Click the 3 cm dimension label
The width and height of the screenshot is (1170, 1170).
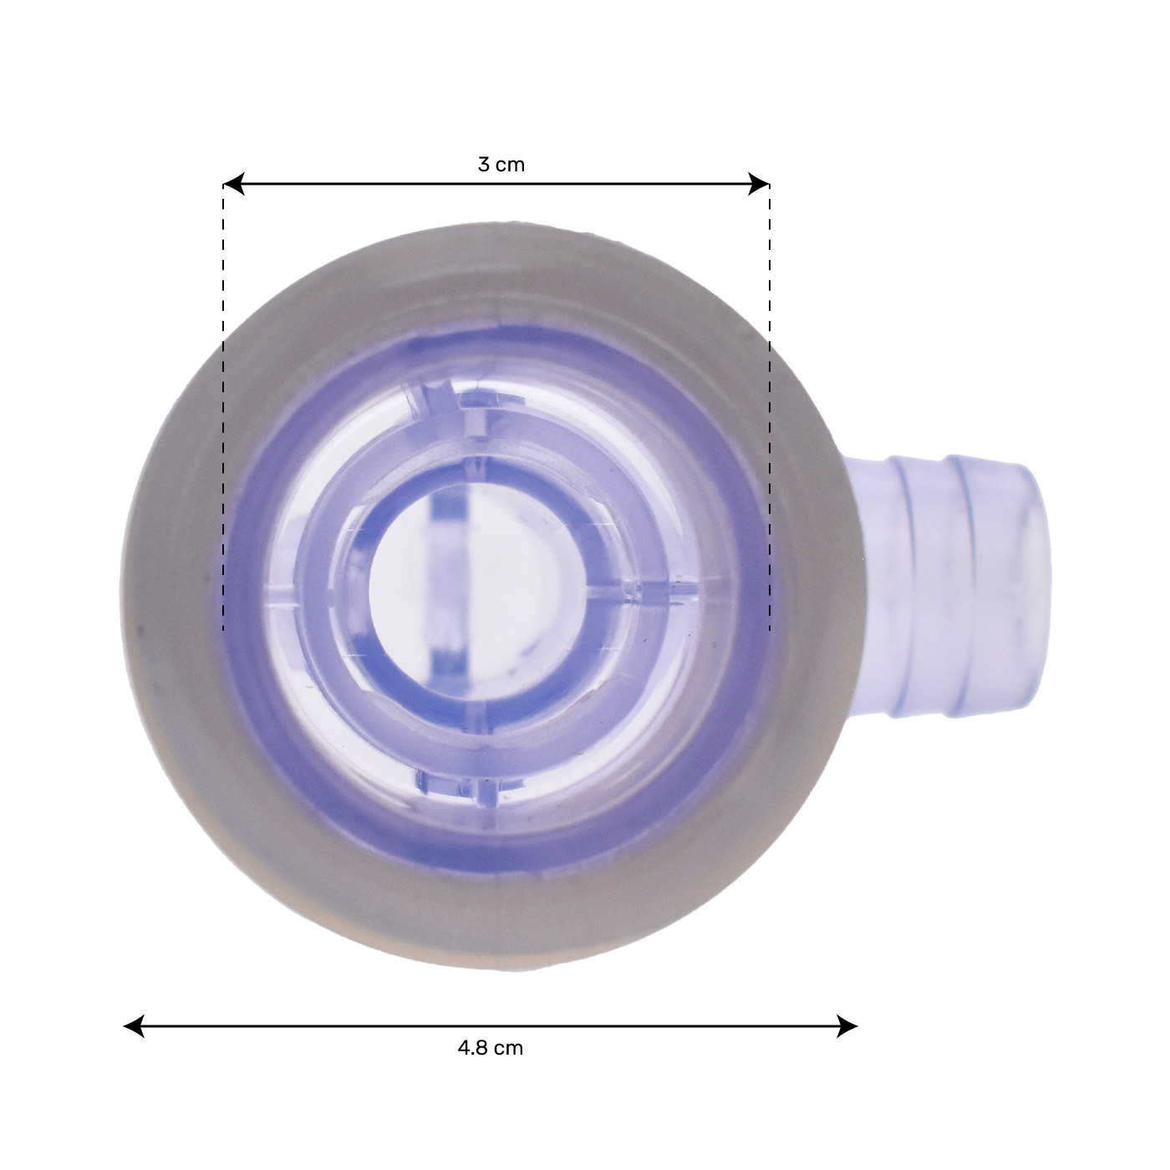pyautogui.click(x=501, y=165)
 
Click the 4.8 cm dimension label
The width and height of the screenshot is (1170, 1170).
pyautogui.click(x=491, y=1048)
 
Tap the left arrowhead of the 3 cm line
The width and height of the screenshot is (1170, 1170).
pyautogui.click(x=233, y=184)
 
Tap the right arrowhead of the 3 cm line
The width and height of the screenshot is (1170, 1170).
pyautogui.click(x=760, y=184)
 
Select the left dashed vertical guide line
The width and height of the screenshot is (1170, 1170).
pyautogui.click(x=223, y=418)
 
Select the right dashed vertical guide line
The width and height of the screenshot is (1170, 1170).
pyautogui.click(x=770, y=418)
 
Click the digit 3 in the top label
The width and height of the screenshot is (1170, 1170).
pyautogui.click(x=483, y=165)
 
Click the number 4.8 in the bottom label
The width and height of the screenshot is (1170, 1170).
pyautogui.click(x=472, y=1048)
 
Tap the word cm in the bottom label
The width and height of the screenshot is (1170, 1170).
pyautogui.click(x=508, y=1048)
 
